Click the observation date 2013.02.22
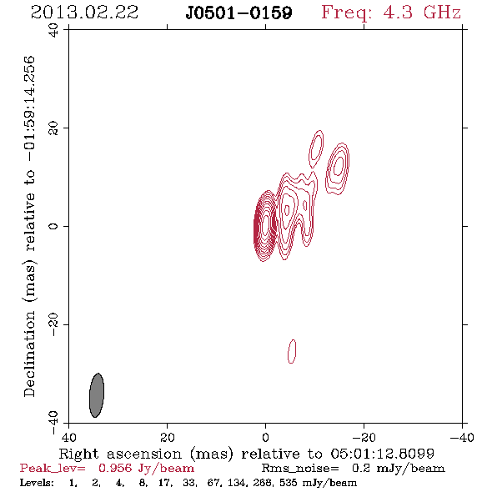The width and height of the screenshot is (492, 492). tap(84, 13)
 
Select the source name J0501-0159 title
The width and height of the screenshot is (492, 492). tap(238, 13)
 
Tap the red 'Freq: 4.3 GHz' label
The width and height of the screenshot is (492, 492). tap(391, 13)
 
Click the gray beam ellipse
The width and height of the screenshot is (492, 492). tap(97, 395)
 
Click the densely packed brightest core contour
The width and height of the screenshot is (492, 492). tap(265, 226)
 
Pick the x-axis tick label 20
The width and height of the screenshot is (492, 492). tap(167, 438)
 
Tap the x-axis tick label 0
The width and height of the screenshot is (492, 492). tap(265, 438)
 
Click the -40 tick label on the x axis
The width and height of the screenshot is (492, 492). tap(462, 438)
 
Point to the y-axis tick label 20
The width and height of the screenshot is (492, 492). tap(53, 128)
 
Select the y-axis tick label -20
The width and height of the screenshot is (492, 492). tap(53, 324)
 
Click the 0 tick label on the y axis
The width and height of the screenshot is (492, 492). tap(53, 226)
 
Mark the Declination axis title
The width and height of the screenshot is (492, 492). tap(29, 226)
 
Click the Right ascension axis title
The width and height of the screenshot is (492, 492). tap(246, 454)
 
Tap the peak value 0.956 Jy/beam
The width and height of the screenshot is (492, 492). tap(146, 468)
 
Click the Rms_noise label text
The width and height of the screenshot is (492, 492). tap(300, 469)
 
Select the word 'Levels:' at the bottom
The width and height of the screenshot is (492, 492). tap(37, 483)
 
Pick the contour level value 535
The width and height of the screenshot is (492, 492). tap(288, 483)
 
